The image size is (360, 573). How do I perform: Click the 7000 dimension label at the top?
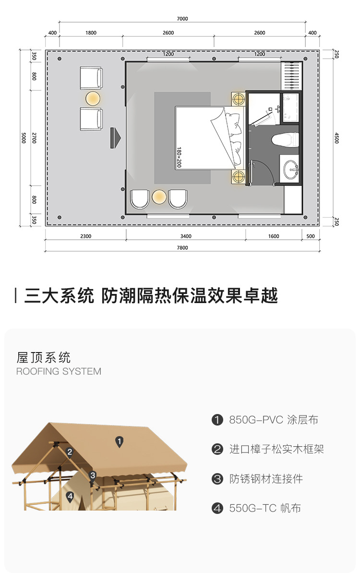pos(182,19)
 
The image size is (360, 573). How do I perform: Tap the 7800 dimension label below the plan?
pos(182,248)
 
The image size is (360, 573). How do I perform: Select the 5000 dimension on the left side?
pos(23,138)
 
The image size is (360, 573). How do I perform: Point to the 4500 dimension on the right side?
pos(336,138)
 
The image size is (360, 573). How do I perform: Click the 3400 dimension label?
pos(186,236)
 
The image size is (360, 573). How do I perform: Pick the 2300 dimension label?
pos(86,236)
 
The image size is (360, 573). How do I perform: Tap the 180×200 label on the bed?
pos(180,157)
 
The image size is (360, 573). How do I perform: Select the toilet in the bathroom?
pos(285,140)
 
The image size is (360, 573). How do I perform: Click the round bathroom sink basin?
pos(291,169)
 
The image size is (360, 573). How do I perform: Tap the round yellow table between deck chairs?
pos(93,99)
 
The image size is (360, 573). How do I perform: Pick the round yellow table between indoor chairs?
pos(159,196)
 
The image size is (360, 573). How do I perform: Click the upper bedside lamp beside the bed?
pos(238,99)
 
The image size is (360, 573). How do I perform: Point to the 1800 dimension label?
pos(91,33)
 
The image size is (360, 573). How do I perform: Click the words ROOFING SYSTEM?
pos(59,371)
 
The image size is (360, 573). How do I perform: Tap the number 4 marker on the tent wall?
pos(70,496)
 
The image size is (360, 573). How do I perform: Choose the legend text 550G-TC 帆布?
pos(265,508)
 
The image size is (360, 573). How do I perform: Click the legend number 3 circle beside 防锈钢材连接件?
pos(217,479)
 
